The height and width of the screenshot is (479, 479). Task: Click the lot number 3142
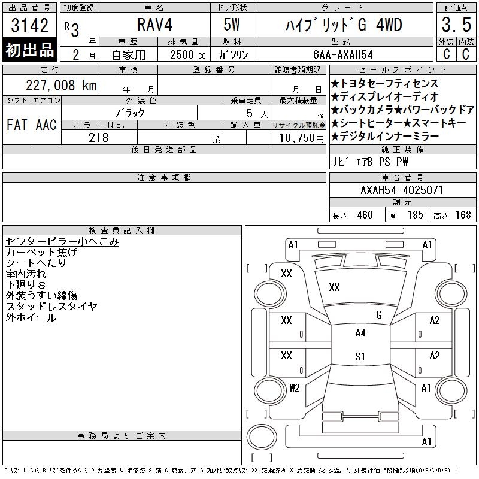pyautogui.click(x=29, y=25)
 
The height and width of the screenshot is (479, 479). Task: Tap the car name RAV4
pyautogui.click(x=154, y=25)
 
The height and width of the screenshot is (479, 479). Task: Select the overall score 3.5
pyautogui.click(x=456, y=25)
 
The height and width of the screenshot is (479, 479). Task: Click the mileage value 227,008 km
pyautogui.click(x=61, y=85)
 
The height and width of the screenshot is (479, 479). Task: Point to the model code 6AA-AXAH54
pyautogui.click(x=343, y=54)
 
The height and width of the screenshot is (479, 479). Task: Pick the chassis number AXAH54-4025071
pyautogui.click(x=402, y=190)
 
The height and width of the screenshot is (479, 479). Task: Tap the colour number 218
pyautogui.click(x=99, y=138)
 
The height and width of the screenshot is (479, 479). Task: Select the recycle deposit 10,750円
pyautogui.click(x=302, y=138)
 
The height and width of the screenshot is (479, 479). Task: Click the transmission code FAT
pyautogui.click(x=17, y=125)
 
